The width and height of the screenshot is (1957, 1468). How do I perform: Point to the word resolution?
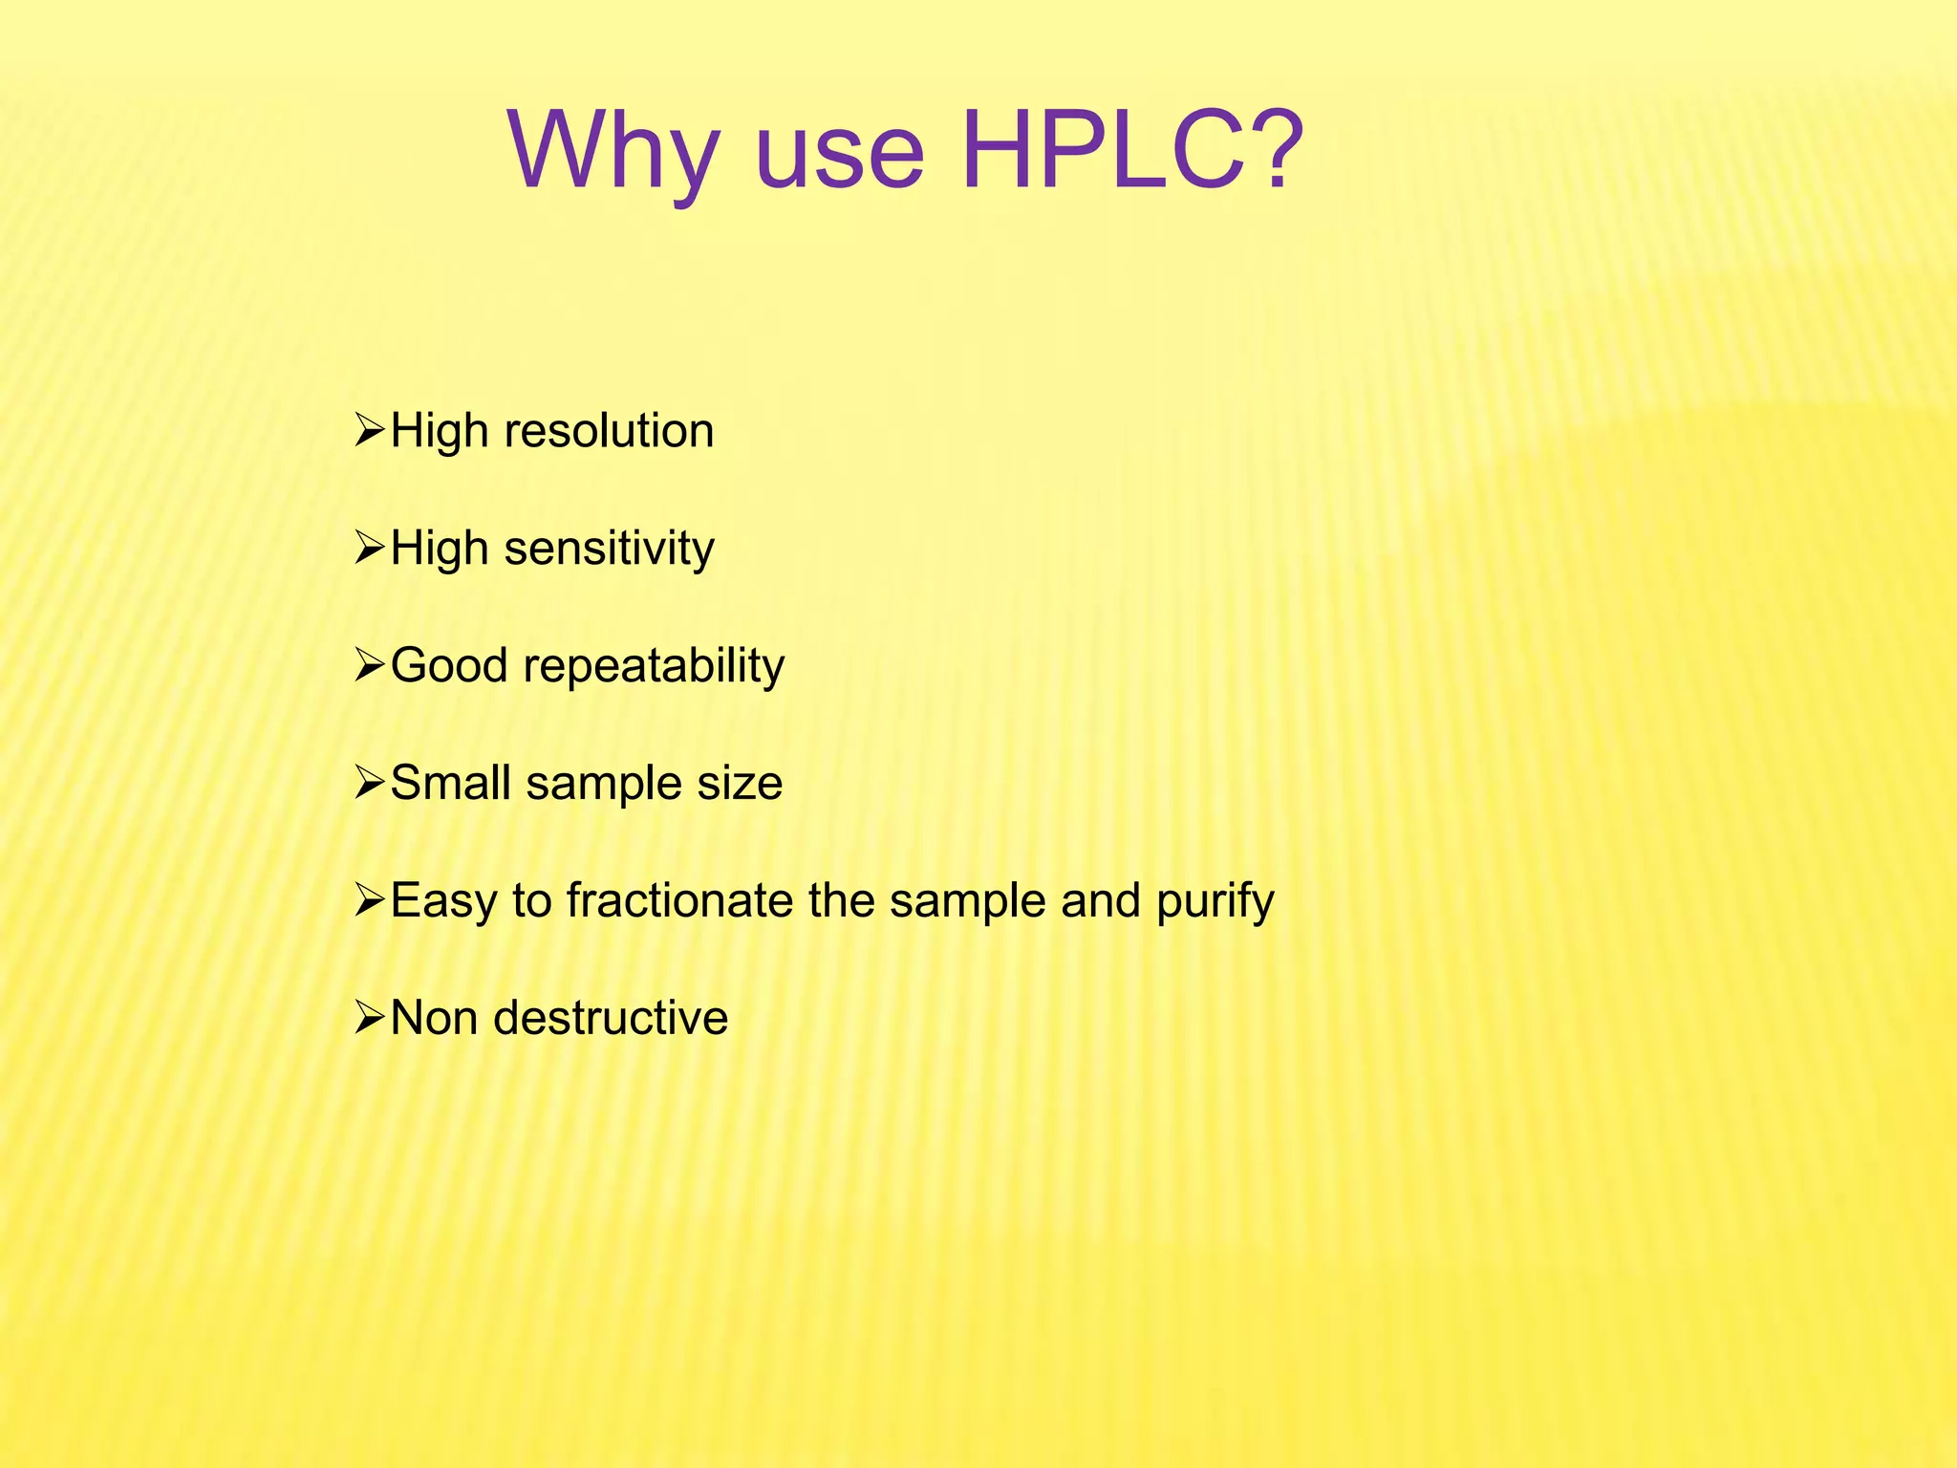pyautogui.click(x=609, y=431)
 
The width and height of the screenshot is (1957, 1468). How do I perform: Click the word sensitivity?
pyautogui.click(x=609, y=549)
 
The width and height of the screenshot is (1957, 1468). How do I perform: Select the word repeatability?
pyautogui.click(x=654, y=666)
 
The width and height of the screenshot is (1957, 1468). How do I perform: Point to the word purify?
pyautogui.click(x=1215, y=902)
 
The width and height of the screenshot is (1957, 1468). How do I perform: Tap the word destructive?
pyautogui.click(x=611, y=1018)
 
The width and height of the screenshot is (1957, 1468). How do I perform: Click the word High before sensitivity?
pyautogui.click(x=439, y=550)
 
